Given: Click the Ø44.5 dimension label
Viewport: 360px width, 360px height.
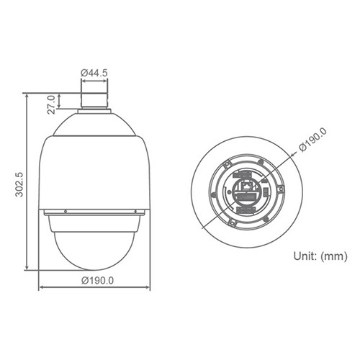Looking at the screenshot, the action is click(x=94, y=73).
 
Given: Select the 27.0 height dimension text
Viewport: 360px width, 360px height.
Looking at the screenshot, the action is click(x=52, y=104).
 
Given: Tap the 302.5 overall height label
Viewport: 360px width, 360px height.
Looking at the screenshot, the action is click(x=19, y=184).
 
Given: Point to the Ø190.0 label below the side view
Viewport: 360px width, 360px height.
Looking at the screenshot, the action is click(x=97, y=280).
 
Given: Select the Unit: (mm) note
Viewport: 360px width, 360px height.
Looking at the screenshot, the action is click(x=320, y=256).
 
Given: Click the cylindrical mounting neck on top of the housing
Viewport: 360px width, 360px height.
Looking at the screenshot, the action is click(x=94, y=101).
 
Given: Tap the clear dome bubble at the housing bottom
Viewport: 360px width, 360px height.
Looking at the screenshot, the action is click(x=94, y=251).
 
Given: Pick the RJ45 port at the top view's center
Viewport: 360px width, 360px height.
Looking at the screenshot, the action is click(x=246, y=186).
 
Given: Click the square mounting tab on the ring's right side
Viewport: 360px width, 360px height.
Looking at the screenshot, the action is click(x=280, y=189).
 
